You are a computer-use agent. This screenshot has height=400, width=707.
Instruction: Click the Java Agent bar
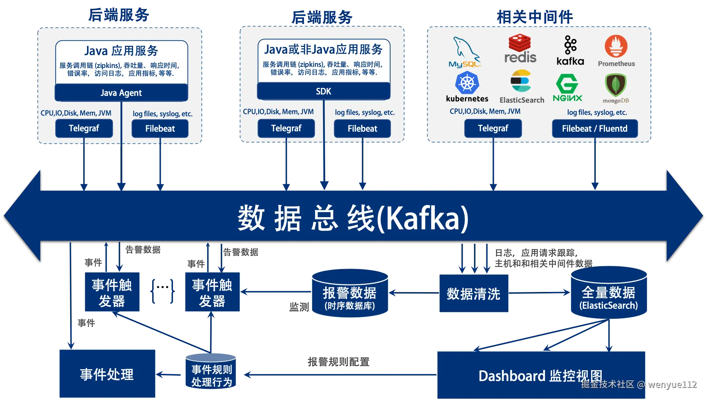[121, 93]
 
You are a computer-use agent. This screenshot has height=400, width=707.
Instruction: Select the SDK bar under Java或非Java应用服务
[323, 92]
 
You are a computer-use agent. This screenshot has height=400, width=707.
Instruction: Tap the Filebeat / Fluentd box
[595, 129]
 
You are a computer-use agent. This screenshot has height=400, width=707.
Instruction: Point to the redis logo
[520, 49]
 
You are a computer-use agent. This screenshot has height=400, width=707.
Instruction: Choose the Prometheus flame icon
[616, 47]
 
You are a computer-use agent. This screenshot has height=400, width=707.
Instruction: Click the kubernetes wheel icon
[467, 83]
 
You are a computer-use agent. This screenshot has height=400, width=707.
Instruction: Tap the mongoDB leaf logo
[615, 85]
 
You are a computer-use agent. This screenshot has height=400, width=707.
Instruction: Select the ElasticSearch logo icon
[520, 81]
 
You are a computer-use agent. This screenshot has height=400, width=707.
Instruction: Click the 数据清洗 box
[473, 294]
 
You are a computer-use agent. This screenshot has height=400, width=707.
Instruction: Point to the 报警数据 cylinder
[350, 293]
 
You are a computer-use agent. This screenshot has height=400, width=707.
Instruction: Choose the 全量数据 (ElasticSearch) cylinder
[609, 293]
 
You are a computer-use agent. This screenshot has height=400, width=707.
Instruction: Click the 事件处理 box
[107, 374]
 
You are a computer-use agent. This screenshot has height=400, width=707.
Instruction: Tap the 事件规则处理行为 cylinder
[211, 372]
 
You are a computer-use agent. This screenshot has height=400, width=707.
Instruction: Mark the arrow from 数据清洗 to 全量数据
[539, 293]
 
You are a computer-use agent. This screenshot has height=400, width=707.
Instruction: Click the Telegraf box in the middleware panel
[493, 129]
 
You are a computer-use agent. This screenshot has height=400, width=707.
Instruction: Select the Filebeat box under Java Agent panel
[160, 129]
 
